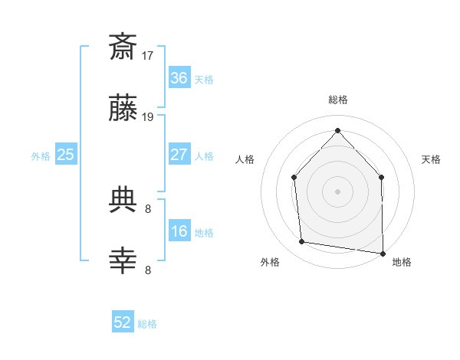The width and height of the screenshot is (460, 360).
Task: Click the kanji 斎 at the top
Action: [x=123, y=47]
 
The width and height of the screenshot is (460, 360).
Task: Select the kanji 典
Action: [x=123, y=201]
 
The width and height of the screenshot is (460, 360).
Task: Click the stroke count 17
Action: [x=148, y=56]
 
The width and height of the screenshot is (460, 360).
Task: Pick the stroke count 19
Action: [x=148, y=117]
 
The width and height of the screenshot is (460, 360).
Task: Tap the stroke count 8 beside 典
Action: [x=148, y=208]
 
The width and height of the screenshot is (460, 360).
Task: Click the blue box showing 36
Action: [x=179, y=78]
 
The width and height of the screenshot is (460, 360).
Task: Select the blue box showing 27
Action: [x=179, y=154]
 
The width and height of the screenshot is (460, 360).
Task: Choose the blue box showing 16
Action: [x=179, y=231]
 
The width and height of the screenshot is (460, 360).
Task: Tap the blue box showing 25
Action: [x=65, y=155]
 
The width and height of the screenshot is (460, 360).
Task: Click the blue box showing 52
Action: [x=123, y=322]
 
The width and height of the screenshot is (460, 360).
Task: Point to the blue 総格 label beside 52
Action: [x=147, y=324]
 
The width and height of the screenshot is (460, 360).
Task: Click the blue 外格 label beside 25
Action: [x=41, y=155]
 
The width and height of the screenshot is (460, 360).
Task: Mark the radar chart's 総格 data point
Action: [x=337, y=130]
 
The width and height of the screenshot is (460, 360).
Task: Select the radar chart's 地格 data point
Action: [x=383, y=253]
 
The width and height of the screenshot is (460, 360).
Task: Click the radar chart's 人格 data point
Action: [x=294, y=177]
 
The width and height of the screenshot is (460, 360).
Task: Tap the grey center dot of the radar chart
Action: [x=337, y=191]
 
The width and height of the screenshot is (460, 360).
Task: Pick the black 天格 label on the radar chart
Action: [x=432, y=159]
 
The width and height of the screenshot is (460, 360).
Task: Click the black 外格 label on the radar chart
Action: [x=270, y=262]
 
